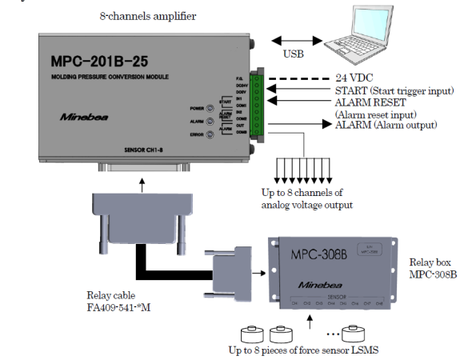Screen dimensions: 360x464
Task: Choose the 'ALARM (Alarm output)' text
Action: pos(386,125)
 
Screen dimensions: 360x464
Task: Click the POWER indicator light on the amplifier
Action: pos(209,107)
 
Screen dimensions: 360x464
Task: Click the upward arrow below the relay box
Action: pos(312,322)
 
